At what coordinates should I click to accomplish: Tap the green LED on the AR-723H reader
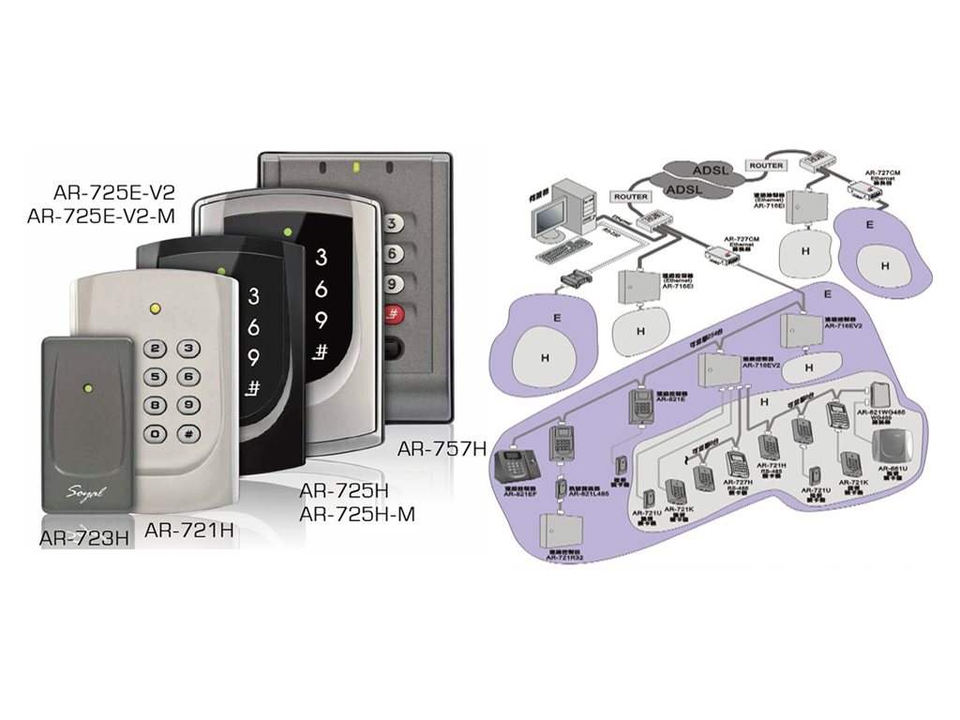87,385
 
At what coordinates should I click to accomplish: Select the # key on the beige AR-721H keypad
188,433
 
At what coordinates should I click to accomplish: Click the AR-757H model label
442,448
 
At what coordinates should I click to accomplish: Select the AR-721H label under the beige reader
188,530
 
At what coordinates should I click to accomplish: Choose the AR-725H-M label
356,514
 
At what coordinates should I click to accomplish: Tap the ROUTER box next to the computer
630,197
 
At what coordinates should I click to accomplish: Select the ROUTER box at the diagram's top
765,165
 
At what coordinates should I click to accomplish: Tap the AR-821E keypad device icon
640,404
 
